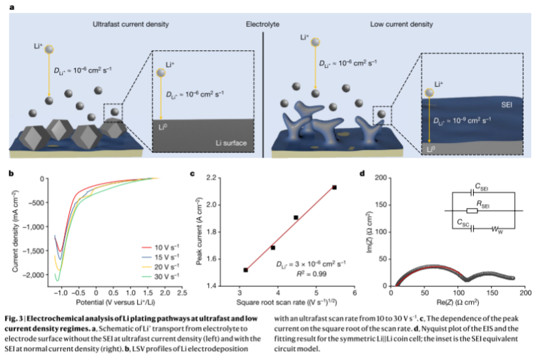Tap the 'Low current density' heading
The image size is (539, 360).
[401, 24]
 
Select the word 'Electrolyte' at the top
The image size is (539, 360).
[262, 24]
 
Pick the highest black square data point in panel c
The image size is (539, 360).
[334, 187]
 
